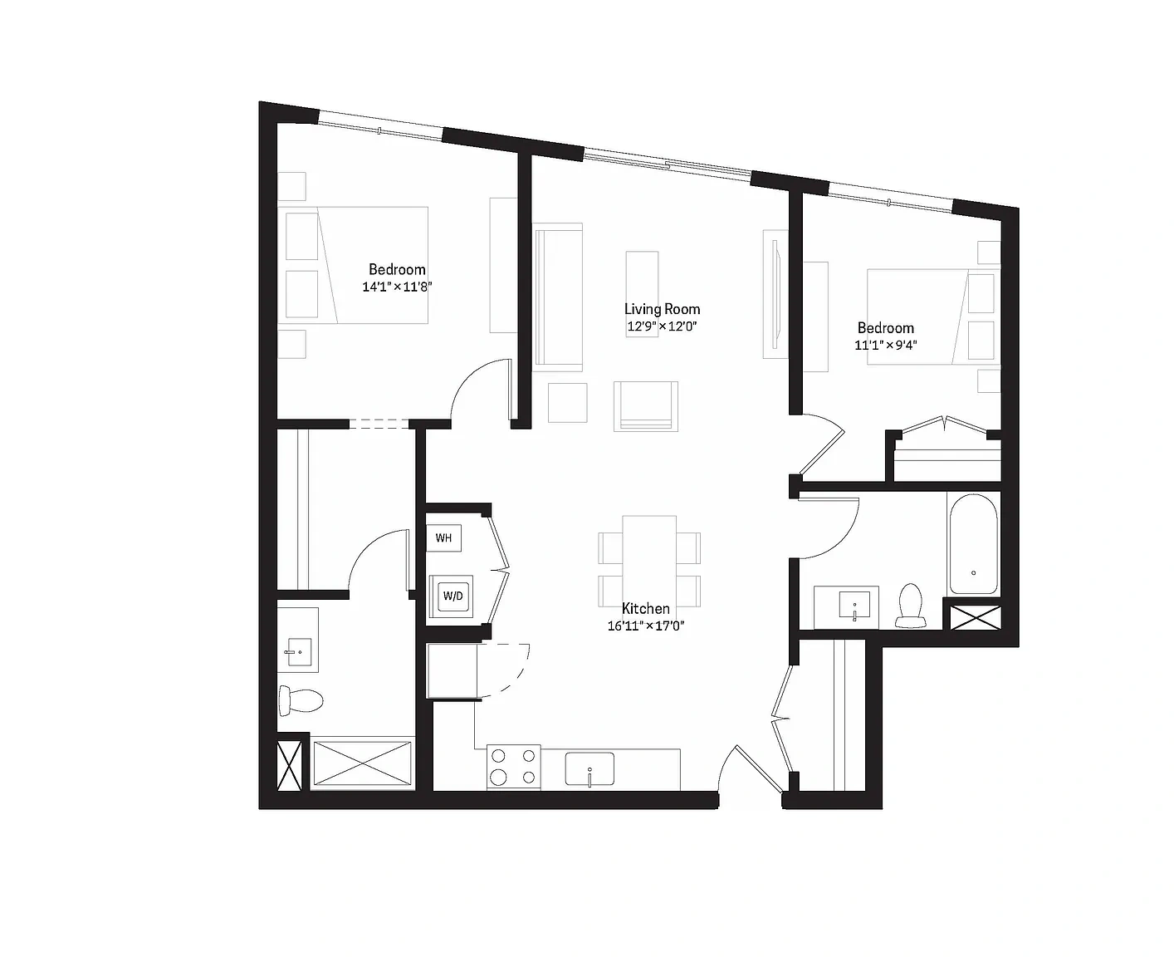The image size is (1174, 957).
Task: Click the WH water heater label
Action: pyautogui.click(x=443, y=538)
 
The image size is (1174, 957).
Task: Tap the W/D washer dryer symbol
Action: pyautogui.click(x=452, y=596)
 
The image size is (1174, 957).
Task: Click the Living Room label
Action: pyautogui.click(x=662, y=309)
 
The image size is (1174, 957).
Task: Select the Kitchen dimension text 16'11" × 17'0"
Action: pyautogui.click(x=645, y=626)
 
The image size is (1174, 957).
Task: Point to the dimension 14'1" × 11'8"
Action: pyautogui.click(x=397, y=287)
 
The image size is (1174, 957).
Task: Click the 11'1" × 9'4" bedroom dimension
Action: pyautogui.click(x=886, y=345)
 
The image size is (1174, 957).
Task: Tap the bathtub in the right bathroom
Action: pyautogui.click(x=973, y=544)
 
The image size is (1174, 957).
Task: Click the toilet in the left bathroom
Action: pyautogui.click(x=300, y=699)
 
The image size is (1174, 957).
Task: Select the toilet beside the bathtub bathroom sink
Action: pyautogui.click(x=910, y=606)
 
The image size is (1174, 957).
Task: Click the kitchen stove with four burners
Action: pyautogui.click(x=514, y=767)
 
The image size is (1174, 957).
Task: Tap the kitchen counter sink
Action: pyautogui.click(x=589, y=768)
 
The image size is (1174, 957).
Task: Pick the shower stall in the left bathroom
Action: pyautogui.click(x=362, y=763)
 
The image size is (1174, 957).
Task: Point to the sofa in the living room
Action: pyautogui.click(x=558, y=297)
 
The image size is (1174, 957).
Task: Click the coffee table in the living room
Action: pyautogui.click(x=642, y=294)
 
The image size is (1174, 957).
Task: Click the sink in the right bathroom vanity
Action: pyautogui.click(x=854, y=605)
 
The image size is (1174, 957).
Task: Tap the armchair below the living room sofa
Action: pyautogui.click(x=645, y=406)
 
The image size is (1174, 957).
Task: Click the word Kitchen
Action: pyautogui.click(x=645, y=609)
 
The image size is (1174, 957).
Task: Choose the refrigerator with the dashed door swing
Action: pyautogui.click(x=452, y=671)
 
